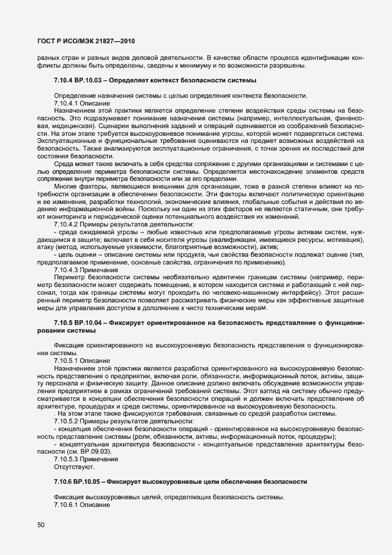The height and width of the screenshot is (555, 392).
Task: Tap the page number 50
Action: tap(41, 525)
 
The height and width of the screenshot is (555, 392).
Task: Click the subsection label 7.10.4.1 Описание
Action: tap(78, 103)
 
